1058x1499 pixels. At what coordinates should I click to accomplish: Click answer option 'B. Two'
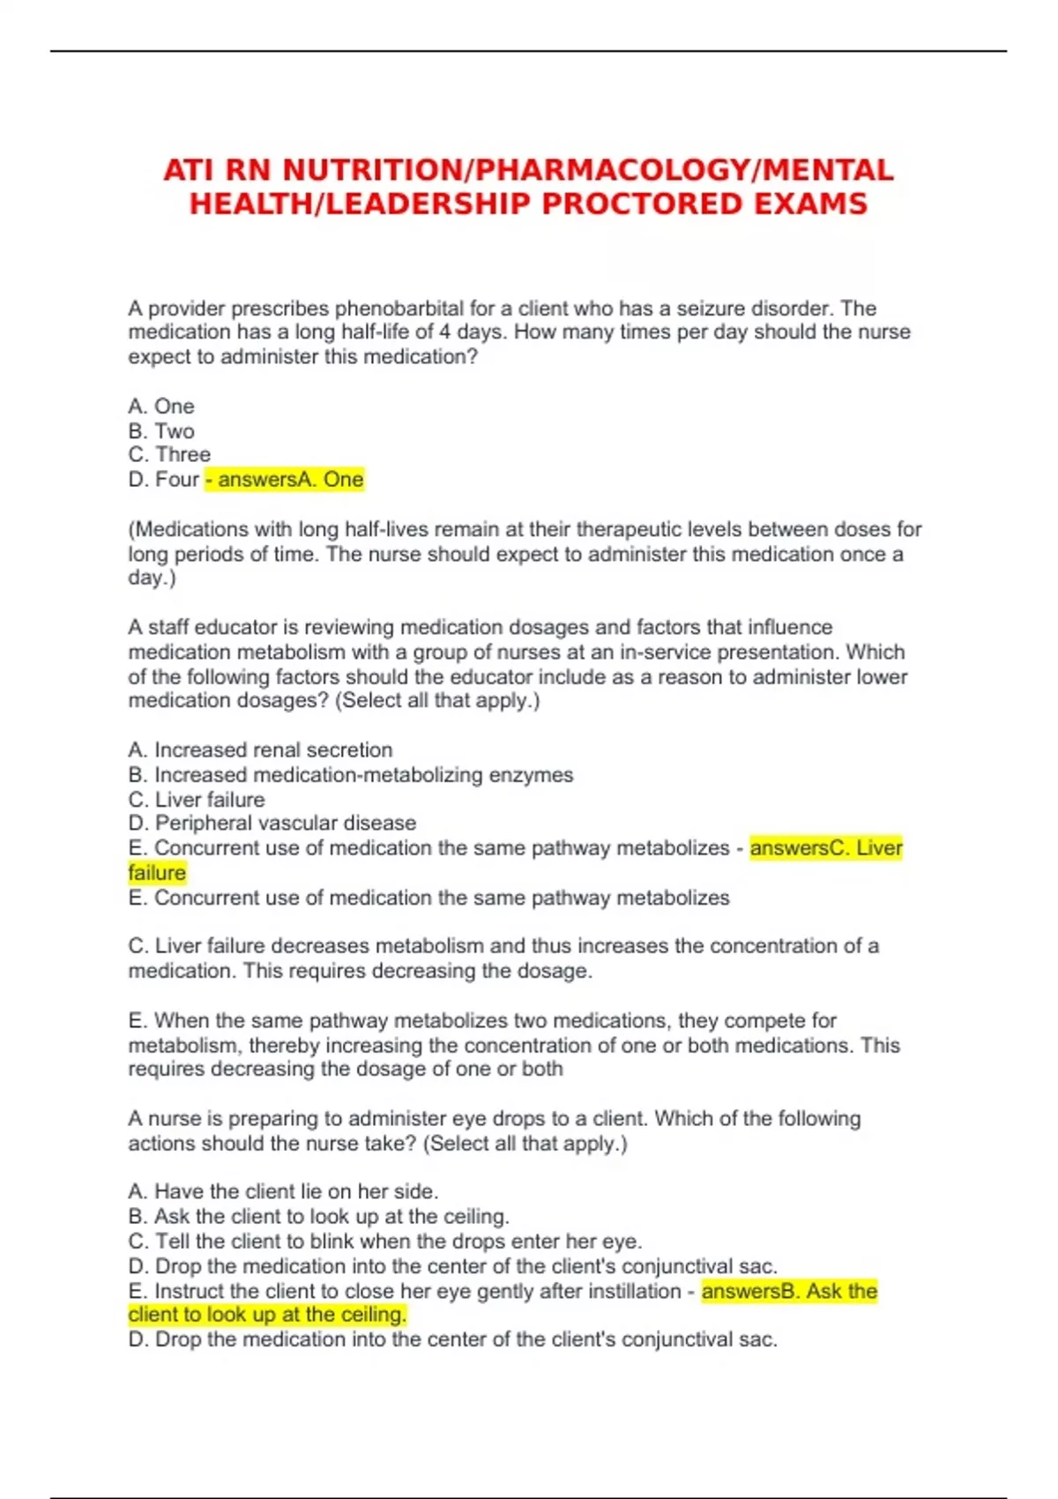point(161,431)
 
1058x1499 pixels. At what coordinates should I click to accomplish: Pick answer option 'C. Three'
point(169,455)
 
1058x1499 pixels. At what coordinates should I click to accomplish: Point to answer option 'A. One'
point(161,406)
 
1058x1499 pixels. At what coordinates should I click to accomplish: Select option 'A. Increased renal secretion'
point(260,750)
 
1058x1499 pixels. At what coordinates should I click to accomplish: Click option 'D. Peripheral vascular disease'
point(272,824)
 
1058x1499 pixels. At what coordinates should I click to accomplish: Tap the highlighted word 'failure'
point(157,873)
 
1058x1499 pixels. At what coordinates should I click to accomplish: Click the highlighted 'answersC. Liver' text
point(826,848)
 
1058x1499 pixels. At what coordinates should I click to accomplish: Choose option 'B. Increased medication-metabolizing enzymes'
point(350,775)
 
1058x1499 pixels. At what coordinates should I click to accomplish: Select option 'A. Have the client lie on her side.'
point(282,1192)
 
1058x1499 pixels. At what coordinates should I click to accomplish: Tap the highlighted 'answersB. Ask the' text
point(789,1292)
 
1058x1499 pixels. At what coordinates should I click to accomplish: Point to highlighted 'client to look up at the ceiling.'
point(267,1315)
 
